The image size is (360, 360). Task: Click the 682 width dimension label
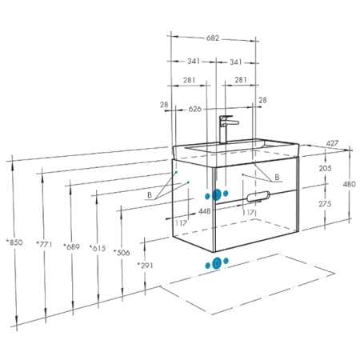point(213,38)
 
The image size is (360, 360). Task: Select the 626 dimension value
point(195,109)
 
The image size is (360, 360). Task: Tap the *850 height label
point(14,242)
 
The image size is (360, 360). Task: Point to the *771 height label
point(44,244)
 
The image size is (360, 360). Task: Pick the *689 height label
point(71,246)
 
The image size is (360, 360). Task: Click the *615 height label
point(98,248)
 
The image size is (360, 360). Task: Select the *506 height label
point(122,252)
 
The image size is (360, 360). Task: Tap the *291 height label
point(146,266)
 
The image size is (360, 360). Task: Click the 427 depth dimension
point(332,143)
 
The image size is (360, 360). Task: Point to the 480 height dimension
point(350,184)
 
